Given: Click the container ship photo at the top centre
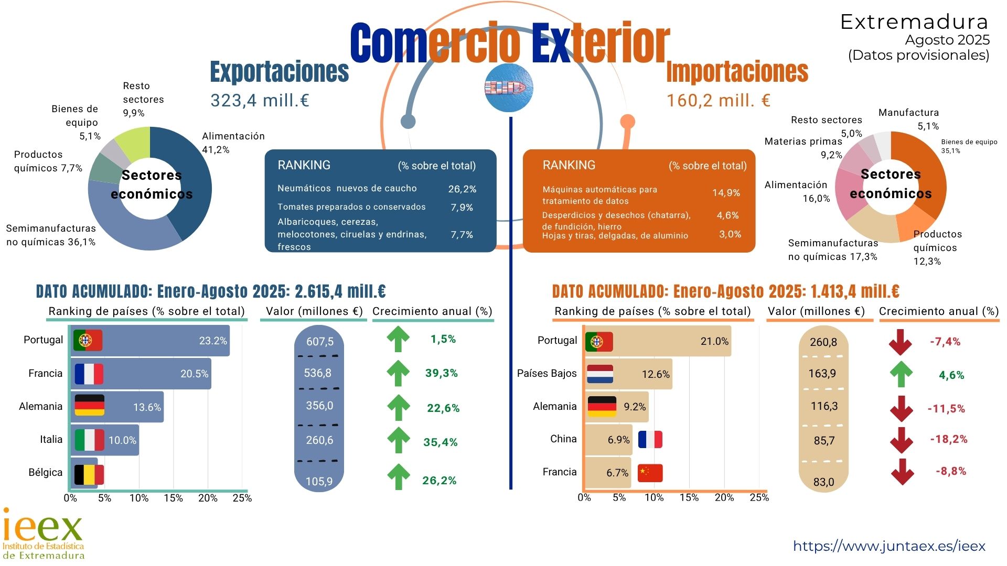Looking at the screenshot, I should (x=508, y=88).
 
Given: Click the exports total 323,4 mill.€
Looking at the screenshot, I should (x=260, y=100).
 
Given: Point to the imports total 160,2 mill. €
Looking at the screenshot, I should (x=718, y=100).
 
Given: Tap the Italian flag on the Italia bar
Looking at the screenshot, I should (x=89, y=440).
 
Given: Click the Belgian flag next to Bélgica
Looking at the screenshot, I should (x=89, y=475).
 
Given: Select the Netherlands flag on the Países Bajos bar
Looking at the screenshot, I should (x=600, y=374).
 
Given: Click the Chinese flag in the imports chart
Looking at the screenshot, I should (x=650, y=473).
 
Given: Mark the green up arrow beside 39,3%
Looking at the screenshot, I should (x=398, y=373).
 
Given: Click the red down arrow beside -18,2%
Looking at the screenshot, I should (x=902, y=440).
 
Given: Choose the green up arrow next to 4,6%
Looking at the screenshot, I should (x=901, y=374).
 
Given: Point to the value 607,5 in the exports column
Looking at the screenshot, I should (x=319, y=342).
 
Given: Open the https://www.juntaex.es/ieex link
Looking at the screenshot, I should (x=889, y=546).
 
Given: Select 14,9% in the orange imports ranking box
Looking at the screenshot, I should (x=726, y=193).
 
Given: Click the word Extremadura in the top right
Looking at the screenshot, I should (x=914, y=22).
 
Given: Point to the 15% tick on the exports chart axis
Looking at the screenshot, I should (x=173, y=498).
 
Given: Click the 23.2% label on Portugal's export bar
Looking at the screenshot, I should (x=213, y=341).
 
